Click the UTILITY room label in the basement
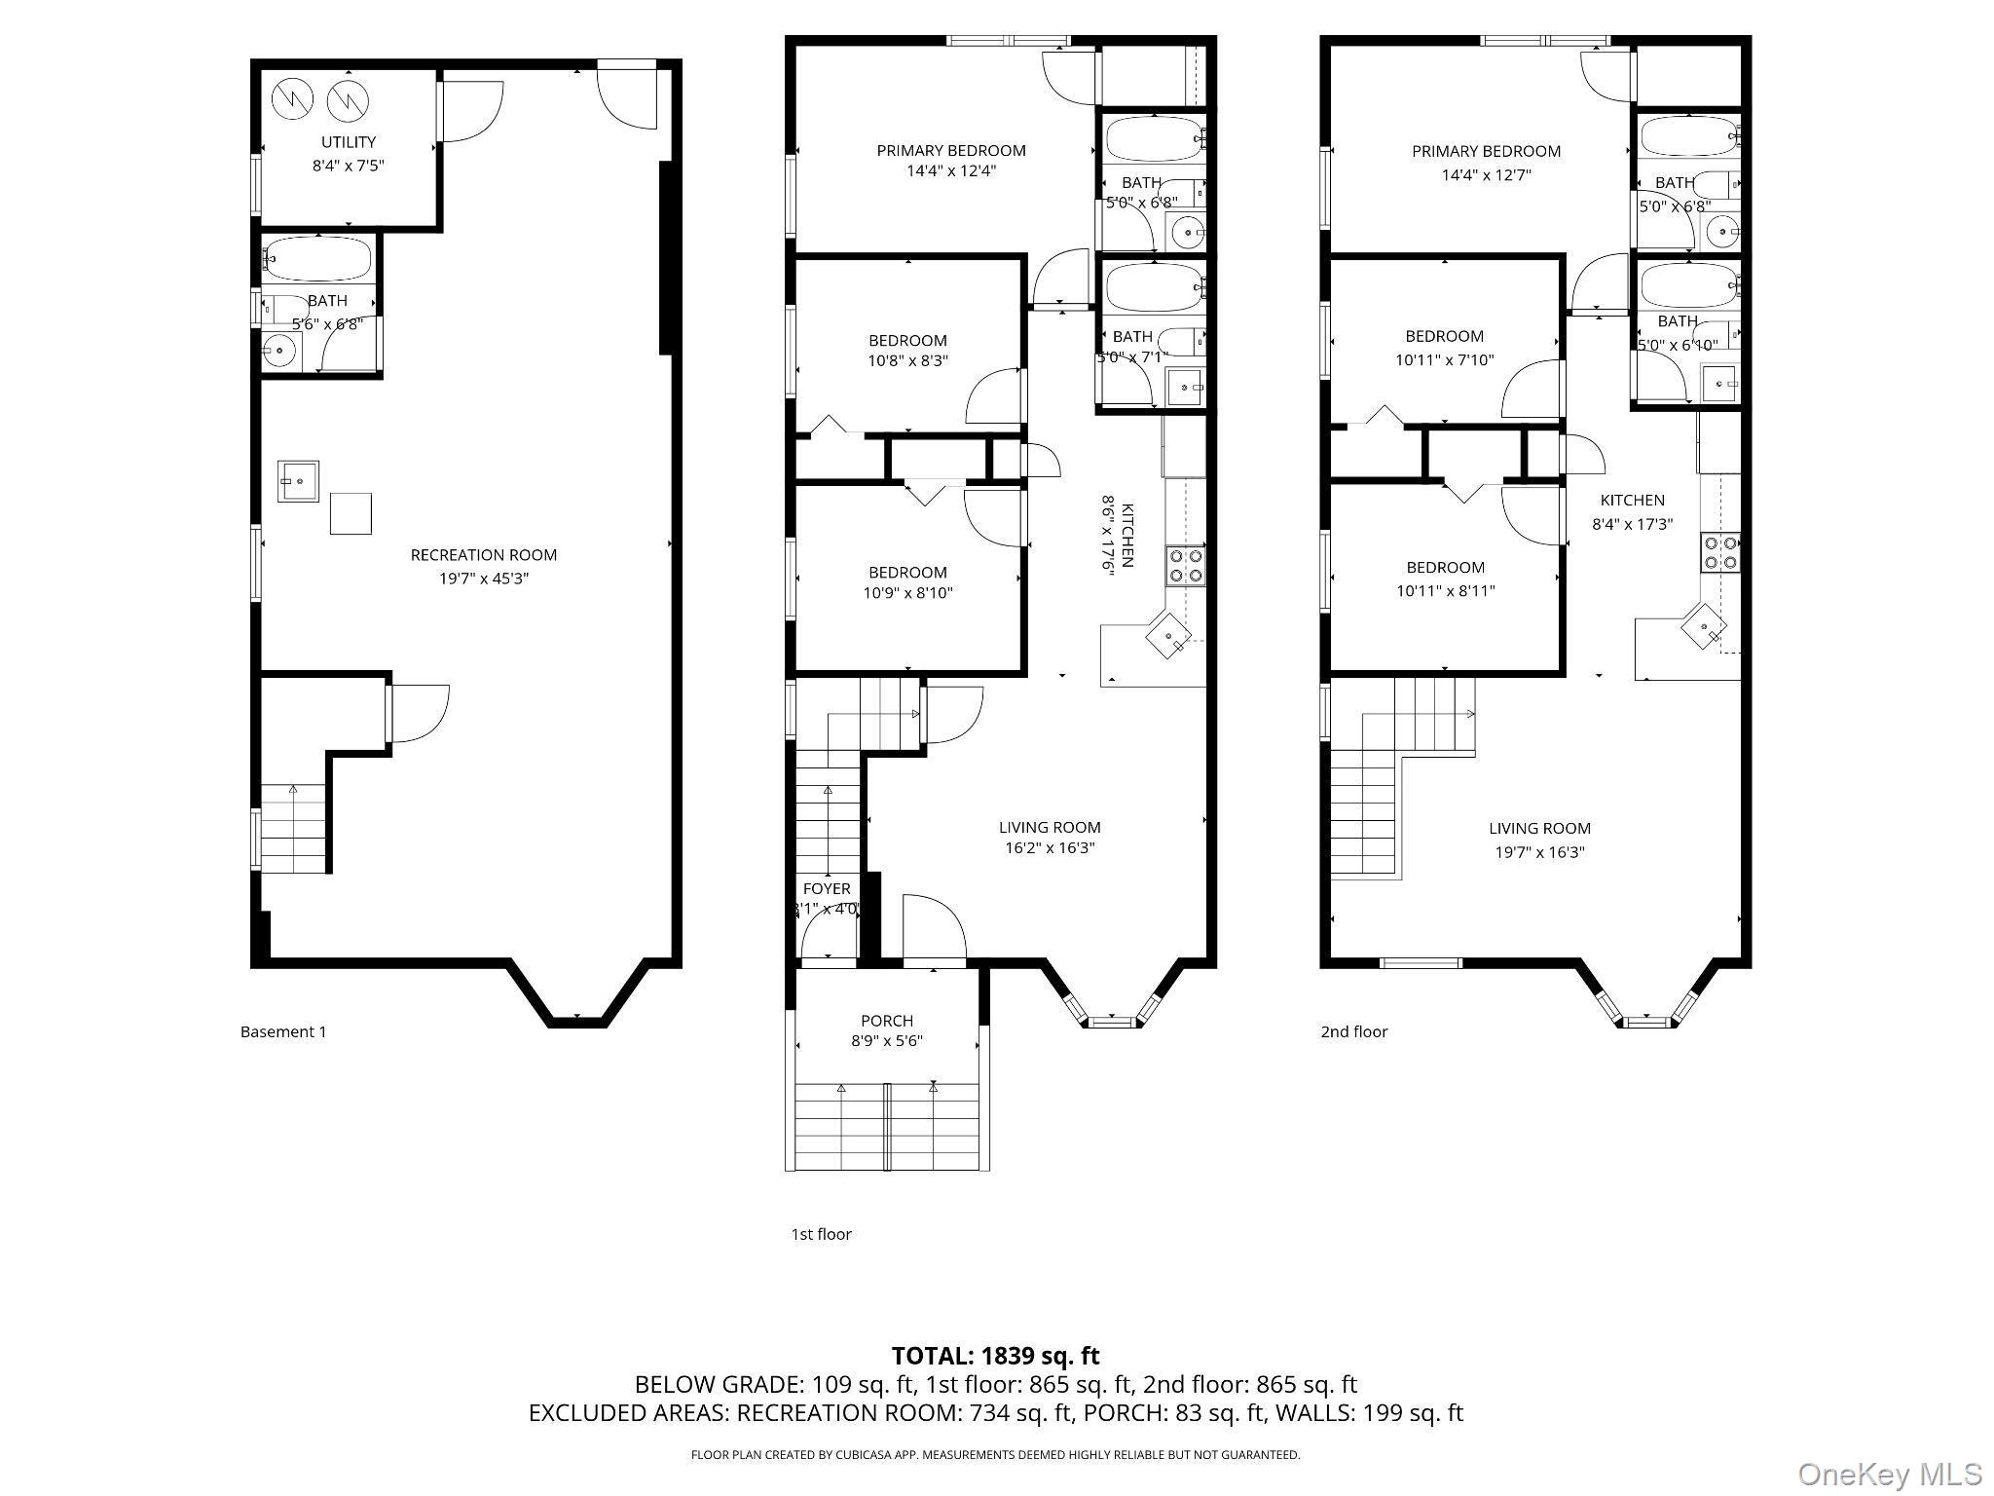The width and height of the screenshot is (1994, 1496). [x=348, y=142]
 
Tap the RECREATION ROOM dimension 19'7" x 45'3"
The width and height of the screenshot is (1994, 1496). [x=483, y=579]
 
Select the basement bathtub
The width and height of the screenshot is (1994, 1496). [x=317, y=260]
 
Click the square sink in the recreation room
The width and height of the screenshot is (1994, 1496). [x=298, y=481]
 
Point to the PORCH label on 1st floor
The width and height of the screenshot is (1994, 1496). [x=887, y=1021]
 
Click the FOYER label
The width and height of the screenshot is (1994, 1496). [x=827, y=888]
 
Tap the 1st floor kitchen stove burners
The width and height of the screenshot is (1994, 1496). [x=1186, y=565]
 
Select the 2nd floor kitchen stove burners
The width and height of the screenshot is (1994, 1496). [x=1719, y=552]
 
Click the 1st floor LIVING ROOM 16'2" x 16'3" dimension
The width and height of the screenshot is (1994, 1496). [x=1050, y=847]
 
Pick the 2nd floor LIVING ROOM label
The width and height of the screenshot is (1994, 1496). [x=1539, y=828]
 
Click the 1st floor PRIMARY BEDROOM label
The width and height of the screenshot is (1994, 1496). [x=951, y=150]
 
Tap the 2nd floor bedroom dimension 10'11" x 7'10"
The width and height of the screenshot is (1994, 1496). [x=1444, y=359]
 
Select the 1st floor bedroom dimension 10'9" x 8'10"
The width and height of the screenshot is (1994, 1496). [x=907, y=592]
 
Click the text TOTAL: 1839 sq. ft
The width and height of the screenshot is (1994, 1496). [x=995, y=1355]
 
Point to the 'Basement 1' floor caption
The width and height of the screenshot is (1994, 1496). [x=283, y=1031]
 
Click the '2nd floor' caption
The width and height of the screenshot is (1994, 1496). [x=1353, y=1031]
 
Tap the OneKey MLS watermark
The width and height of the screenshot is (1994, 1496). [x=1890, y=1474]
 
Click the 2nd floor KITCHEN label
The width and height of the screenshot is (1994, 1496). [x=1632, y=500]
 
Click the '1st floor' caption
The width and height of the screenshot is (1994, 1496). [x=821, y=1234]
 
